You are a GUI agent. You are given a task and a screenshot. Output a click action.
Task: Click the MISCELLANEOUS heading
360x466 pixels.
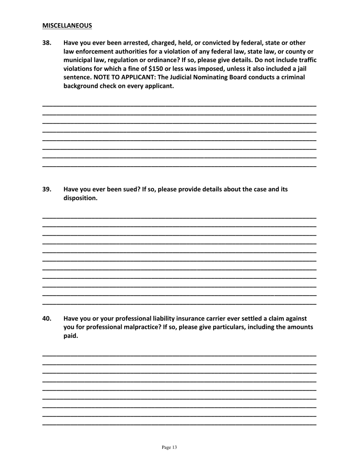67,26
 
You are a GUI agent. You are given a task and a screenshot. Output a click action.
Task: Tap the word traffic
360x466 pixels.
307,60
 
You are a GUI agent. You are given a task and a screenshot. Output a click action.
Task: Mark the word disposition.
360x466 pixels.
80,198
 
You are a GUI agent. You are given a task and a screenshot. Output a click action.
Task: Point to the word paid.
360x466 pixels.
70,336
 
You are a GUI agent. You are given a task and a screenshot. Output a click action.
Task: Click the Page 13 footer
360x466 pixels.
169,447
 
